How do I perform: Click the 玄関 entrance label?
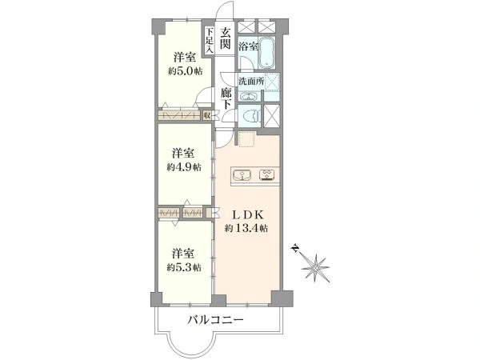(226, 38)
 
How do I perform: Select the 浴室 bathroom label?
(248, 46)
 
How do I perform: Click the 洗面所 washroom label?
(252, 82)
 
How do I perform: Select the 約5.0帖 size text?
(183, 70)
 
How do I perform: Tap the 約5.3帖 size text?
(183, 266)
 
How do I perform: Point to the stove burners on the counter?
(267, 174)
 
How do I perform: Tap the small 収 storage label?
(206, 115)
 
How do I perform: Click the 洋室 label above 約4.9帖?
(183, 153)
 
